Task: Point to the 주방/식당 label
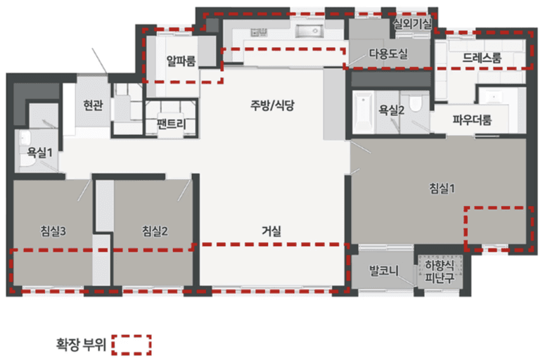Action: (274, 105)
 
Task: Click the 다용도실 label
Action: (388, 53)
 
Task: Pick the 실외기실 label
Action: (413, 23)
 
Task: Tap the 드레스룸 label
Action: (483, 58)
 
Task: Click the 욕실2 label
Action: (392, 110)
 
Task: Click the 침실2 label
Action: (155, 230)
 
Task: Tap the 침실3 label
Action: (53, 230)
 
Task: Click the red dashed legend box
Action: (132, 345)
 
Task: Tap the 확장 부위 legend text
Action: (80, 345)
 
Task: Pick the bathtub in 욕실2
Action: (364, 112)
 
